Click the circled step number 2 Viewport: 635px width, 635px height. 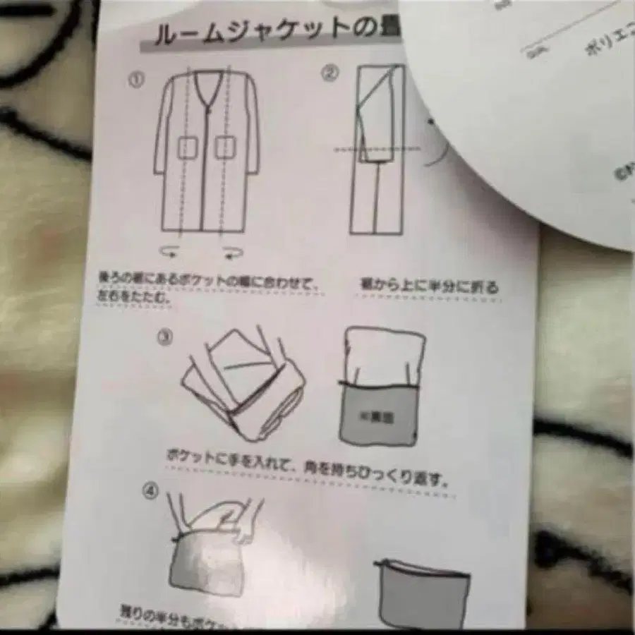click(330, 73)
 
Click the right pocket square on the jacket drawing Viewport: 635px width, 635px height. click(224, 148)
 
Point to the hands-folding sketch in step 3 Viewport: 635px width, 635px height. click(243, 381)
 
